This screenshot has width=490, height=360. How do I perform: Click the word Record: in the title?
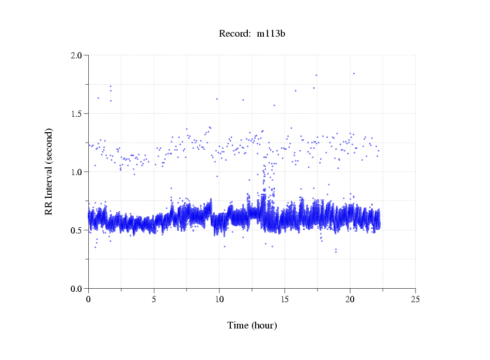235,34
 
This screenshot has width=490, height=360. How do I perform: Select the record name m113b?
271,34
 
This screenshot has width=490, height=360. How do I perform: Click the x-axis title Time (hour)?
252,325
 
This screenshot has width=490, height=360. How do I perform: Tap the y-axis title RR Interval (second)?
49,171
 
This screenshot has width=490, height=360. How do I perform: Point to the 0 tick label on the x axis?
88,299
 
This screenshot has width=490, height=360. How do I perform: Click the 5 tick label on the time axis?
154,299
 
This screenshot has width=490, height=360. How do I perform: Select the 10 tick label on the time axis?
219,299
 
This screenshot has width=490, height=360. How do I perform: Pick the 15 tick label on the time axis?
284,299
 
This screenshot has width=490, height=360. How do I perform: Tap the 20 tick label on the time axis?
350,299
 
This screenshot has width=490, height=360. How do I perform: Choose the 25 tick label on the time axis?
415,299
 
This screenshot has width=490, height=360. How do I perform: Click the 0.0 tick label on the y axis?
76,289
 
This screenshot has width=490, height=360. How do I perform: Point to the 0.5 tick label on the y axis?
76,230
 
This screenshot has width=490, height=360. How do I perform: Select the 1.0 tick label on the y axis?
76,172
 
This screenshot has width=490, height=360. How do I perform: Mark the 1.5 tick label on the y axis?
76,114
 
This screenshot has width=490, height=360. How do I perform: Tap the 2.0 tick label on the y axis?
76,55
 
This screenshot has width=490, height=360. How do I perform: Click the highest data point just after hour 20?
354,73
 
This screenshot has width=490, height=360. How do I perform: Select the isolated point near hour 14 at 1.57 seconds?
274,105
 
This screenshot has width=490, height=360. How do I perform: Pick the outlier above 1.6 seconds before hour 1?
98,98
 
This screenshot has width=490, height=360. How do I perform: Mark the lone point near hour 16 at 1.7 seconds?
295,91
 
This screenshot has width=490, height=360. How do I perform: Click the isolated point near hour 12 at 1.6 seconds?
243,100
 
